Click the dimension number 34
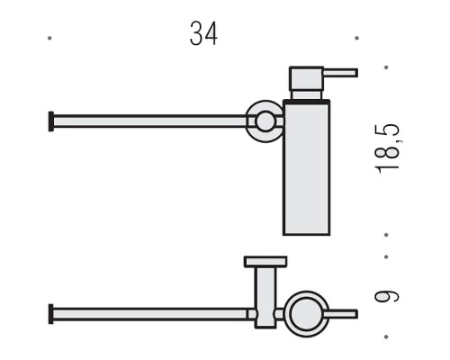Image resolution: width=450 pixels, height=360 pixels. pyautogui.click(x=203, y=33)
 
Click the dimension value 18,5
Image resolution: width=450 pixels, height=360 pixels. pyautogui.click(x=387, y=148)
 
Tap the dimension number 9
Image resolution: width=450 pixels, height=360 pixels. pyautogui.click(x=387, y=296)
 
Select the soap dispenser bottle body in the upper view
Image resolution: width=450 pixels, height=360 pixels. pyautogui.click(x=306, y=168)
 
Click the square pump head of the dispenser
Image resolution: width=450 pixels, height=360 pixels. pyautogui.click(x=306, y=78)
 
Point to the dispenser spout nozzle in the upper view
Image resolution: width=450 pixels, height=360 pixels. pyautogui.click(x=340, y=73)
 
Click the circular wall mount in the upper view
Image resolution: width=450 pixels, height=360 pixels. pyautogui.click(x=265, y=121)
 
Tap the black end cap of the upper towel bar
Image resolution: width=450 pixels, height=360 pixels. pyautogui.click(x=51, y=121)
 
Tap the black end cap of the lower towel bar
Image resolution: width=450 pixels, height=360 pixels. pyautogui.click(x=51, y=314)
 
